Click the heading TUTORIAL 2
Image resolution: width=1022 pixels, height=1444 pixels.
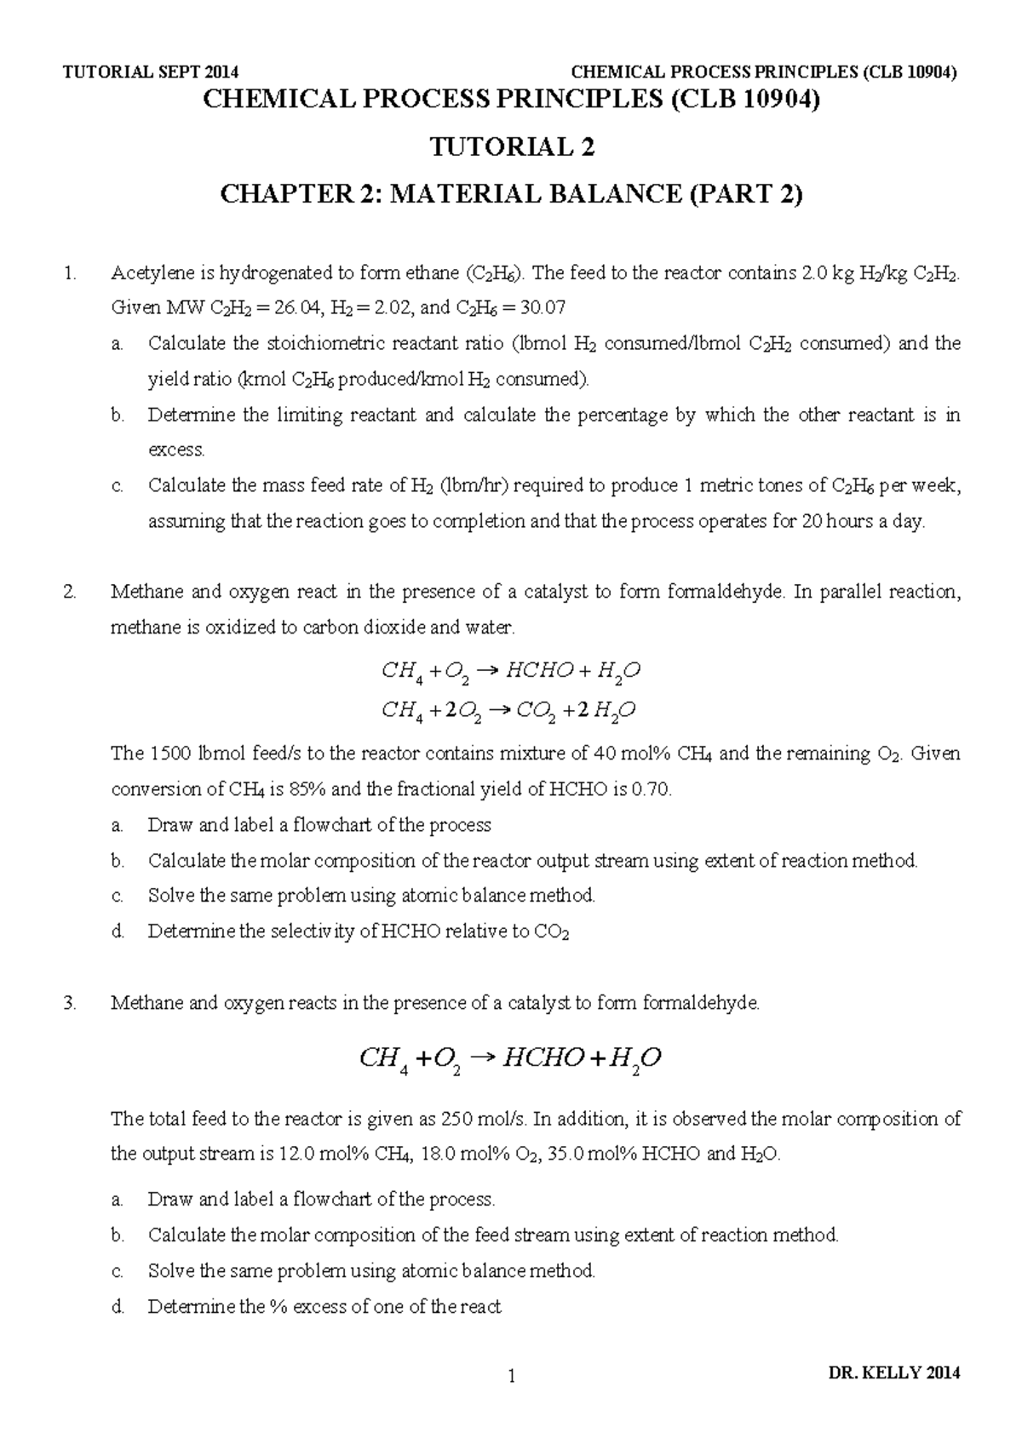click(511, 148)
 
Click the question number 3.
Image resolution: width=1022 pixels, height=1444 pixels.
click(70, 1003)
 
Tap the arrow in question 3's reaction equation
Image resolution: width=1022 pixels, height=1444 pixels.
click(482, 1057)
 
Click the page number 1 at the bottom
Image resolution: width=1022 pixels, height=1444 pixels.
click(511, 1375)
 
